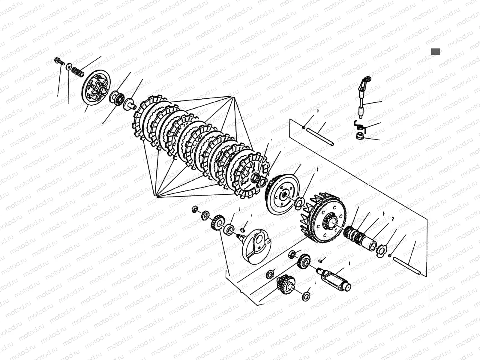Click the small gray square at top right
coord(435,52)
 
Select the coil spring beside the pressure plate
coord(77,71)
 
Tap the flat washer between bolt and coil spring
coord(69,66)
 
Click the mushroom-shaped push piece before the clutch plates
coord(130,103)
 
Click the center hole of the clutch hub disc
coord(283,195)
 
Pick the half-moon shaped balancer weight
coord(256,246)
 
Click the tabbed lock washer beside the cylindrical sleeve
coord(381,249)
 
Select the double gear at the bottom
coord(285,285)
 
